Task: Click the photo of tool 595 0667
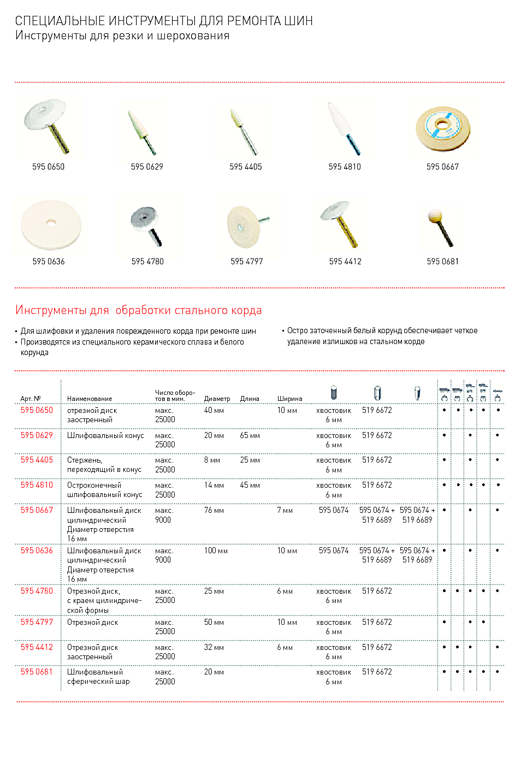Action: click(x=442, y=129)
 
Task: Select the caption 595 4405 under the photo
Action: click(x=246, y=167)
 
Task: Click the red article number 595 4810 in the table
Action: click(x=37, y=485)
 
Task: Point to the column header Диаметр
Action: click(x=217, y=399)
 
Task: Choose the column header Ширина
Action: click(x=289, y=399)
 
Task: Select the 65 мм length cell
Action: click(x=250, y=436)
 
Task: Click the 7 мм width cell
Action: click(x=285, y=511)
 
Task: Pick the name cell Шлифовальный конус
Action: click(x=105, y=436)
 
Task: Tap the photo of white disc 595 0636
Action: click(x=51, y=224)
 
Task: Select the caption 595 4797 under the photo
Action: click(x=247, y=262)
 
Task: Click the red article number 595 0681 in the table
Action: click(x=37, y=672)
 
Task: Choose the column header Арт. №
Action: click(x=31, y=399)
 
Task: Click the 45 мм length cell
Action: click(x=250, y=486)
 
